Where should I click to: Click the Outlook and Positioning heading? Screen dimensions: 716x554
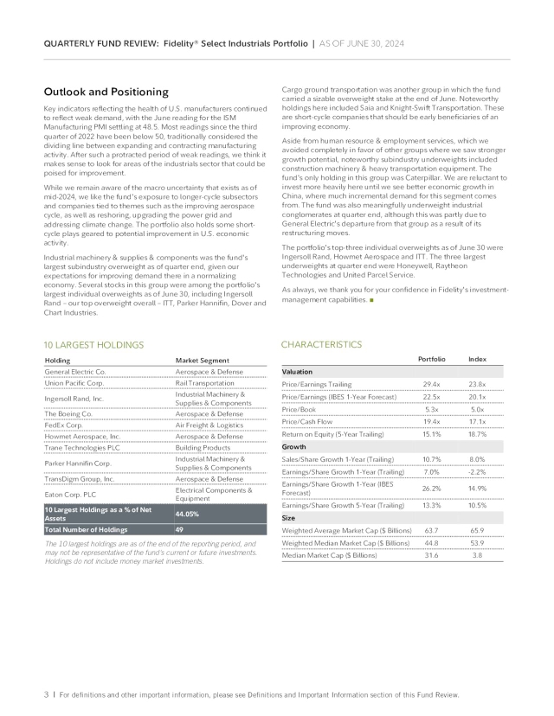pos(106,92)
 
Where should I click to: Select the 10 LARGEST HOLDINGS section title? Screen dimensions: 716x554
pos(93,345)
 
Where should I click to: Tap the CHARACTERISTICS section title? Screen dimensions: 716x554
pos(322,344)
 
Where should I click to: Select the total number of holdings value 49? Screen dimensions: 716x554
pos(179,528)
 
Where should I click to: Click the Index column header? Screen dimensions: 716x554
pos(477,359)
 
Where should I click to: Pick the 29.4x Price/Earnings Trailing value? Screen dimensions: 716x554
pos(431,384)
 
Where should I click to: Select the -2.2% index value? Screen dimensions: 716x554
pos(477,472)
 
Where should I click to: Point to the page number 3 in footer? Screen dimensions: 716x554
pos(44,694)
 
